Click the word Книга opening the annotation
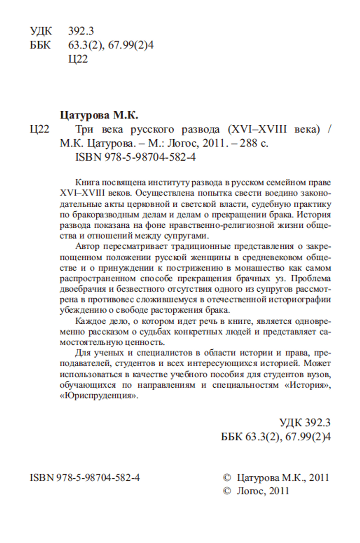pos(88,183)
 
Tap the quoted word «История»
pos(309,386)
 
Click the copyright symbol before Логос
pos(227,491)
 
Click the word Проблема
pos(311,278)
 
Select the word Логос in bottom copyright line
pos(250,491)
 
